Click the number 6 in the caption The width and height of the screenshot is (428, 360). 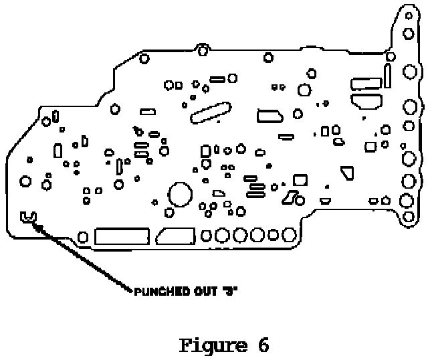261,346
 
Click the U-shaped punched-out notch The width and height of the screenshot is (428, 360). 28,217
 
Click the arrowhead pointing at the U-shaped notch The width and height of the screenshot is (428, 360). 39,228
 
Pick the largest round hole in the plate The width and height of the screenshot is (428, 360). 179,195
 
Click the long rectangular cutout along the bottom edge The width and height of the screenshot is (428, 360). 122,236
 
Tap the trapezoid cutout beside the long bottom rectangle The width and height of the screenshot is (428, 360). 175,236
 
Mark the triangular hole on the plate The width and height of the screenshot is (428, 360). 347,173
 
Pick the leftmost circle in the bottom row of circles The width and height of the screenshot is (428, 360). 207,235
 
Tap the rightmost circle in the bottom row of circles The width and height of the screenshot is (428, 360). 290,234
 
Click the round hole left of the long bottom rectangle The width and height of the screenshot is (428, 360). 84,236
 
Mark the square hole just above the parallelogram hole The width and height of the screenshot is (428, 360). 300,179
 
